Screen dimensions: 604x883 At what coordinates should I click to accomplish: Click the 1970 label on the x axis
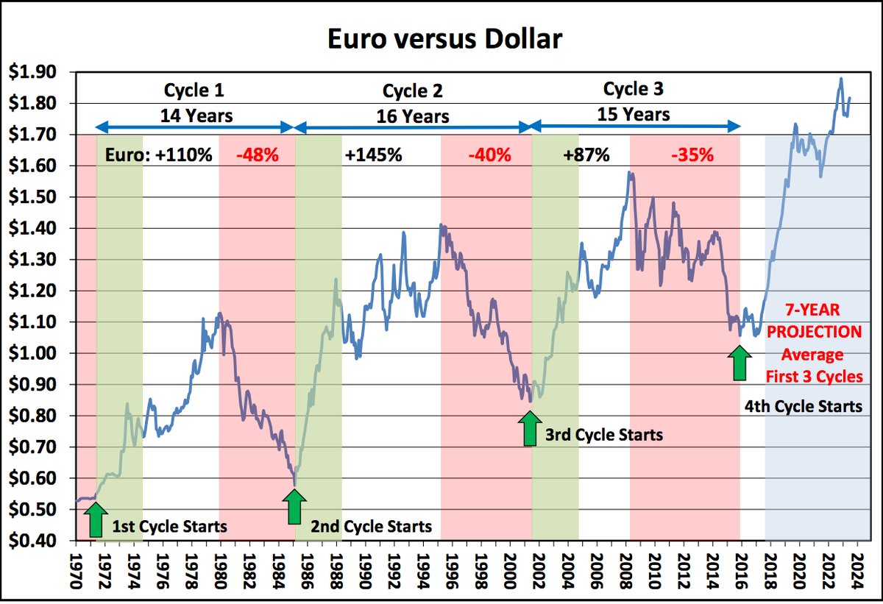click(x=77, y=568)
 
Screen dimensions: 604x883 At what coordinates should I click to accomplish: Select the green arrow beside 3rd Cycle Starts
click(x=528, y=429)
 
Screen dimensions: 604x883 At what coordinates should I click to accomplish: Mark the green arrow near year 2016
click(x=740, y=363)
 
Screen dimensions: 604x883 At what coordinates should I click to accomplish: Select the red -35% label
click(x=692, y=155)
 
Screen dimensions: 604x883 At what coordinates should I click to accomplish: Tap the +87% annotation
click(x=586, y=155)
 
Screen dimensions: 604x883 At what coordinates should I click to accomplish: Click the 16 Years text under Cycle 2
click(x=414, y=117)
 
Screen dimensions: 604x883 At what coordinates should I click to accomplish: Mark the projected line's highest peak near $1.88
click(x=841, y=79)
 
